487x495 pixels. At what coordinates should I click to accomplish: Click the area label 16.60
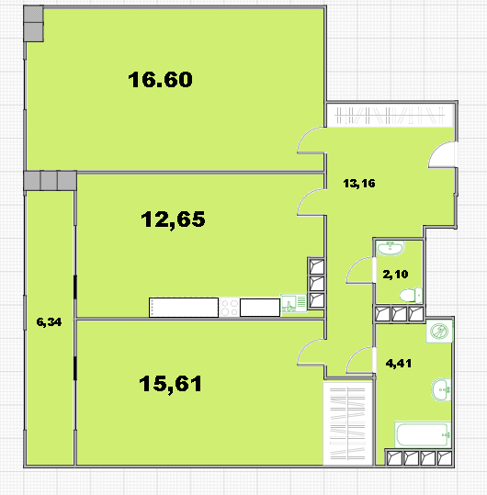tap(160, 79)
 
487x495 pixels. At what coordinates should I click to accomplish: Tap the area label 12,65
tap(173, 219)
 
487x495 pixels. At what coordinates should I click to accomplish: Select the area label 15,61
tap(170, 384)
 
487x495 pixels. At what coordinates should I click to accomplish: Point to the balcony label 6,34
tap(49, 322)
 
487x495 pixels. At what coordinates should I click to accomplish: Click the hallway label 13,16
tap(359, 184)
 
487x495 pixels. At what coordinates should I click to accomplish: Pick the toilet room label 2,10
tap(395, 274)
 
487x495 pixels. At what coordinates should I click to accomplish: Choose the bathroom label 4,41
tap(399, 364)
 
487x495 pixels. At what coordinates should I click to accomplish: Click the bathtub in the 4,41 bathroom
tap(423, 434)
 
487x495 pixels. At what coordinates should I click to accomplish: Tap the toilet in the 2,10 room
tap(411, 296)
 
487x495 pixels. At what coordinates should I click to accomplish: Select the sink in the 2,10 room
tap(391, 248)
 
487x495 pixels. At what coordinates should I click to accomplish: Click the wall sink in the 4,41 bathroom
tap(442, 390)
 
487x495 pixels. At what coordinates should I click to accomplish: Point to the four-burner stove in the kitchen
tap(229, 308)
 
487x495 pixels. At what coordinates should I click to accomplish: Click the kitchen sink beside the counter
tap(293, 303)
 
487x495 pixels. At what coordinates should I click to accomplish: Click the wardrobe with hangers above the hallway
tap(390, 116)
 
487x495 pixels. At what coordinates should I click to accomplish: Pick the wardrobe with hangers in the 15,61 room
tap(347, 423)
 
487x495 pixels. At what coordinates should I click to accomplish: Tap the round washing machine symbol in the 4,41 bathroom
tap(439, 332)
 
